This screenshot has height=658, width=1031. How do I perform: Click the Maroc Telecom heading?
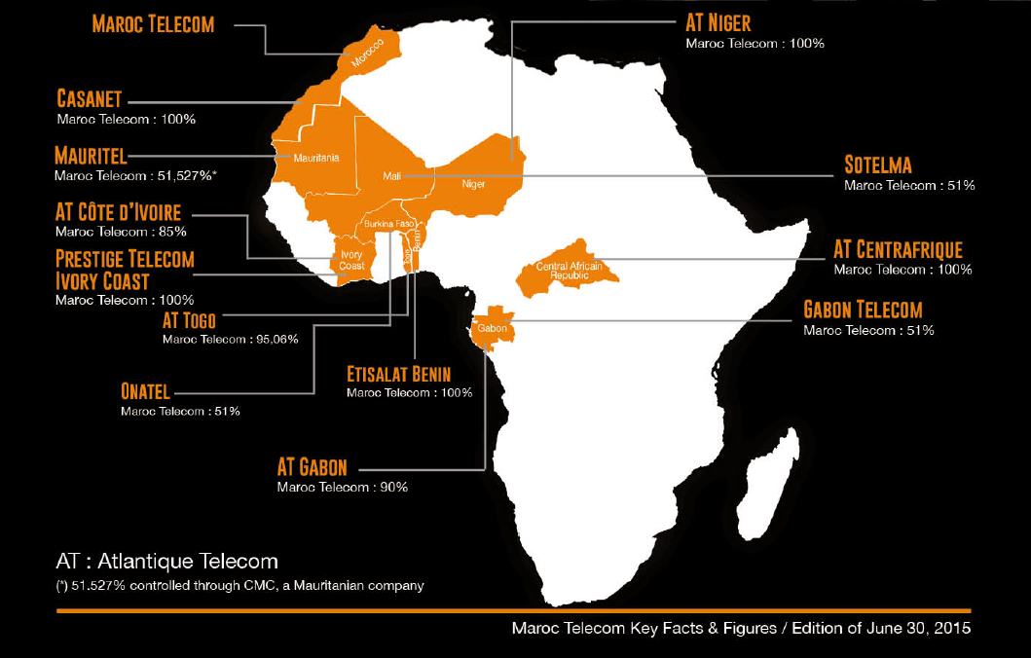[153, 24]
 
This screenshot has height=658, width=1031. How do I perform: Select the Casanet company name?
[89, 99]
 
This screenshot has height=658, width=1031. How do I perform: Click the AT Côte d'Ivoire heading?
[118, 213]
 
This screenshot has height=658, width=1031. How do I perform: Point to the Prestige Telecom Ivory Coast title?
[125, 270]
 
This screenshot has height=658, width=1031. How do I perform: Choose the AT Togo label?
[190, 319]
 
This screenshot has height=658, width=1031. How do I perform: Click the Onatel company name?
[145, 392]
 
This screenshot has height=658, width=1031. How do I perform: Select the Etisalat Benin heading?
[399, 375]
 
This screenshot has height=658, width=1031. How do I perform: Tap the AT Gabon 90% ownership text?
[342, 487]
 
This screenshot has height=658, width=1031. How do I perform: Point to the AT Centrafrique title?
[898, 250]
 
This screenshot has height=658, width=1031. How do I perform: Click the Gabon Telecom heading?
[862, 311]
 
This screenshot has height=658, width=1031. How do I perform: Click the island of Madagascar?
[769, 492]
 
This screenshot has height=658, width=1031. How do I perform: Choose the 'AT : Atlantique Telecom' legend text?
[166, 562]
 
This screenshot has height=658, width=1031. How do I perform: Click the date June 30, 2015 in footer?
[921, 629]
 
